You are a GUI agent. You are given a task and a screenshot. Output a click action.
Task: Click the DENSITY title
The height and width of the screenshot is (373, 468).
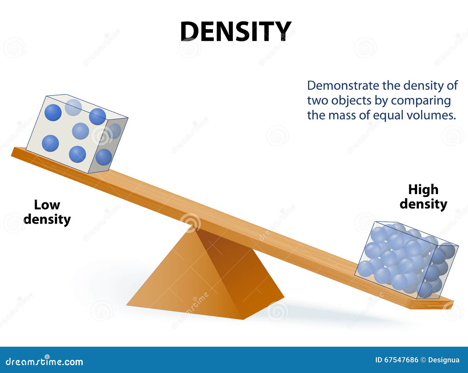(x=236, y=31)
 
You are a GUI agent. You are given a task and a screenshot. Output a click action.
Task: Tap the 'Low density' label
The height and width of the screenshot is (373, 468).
(x=47, y=212)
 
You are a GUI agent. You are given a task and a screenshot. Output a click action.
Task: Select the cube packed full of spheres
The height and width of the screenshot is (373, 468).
(x=406, y=260)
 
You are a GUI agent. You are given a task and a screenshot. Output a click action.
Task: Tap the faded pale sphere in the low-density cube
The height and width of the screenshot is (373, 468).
(x=73, y=107)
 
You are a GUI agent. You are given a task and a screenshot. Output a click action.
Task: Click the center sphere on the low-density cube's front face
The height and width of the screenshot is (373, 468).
(x=80, y=131)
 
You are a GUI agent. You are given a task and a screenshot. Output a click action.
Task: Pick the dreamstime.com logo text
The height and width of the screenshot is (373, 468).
(x=44, y=362)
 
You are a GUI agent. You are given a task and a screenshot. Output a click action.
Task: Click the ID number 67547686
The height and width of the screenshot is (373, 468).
(x=401, y=360)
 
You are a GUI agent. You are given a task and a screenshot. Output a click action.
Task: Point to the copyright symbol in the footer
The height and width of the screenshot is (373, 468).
(x=423, y=360)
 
